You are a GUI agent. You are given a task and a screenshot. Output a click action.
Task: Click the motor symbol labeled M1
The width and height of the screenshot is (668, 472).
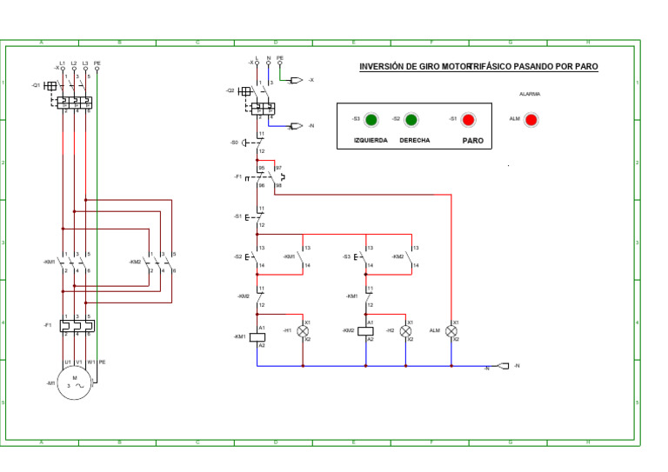(x=75, y=382)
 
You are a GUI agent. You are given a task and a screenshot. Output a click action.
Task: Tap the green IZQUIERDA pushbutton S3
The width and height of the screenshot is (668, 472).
(x=371, y=119)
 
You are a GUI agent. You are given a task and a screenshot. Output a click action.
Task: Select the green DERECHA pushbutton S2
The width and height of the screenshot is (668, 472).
(x=411, y=119)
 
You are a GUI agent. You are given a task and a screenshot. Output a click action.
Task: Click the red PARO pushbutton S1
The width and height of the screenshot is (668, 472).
(x=468, y=119)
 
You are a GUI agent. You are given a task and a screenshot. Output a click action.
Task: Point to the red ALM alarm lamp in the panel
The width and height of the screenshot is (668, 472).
(x=531, y=119)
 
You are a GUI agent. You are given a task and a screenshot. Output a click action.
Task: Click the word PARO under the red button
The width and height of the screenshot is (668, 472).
(x=472, y=140)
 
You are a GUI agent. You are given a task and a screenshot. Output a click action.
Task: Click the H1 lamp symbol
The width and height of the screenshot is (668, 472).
(x=304, y=331)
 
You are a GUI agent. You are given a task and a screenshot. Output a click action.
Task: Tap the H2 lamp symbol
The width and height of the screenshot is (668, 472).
(x=406, y=331)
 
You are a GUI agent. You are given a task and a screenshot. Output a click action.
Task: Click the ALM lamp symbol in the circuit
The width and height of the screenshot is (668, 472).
(x=451, y=331)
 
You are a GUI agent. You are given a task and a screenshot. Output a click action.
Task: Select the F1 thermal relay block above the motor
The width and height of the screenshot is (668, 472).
(x=76, y=326)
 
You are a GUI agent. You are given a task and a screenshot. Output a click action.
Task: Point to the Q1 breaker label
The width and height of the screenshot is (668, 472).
(x=36, y=85)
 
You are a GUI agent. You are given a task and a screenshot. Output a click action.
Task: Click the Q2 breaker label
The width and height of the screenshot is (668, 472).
(x=230, y=90)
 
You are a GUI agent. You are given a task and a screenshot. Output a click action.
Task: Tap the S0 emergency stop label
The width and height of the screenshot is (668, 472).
(x=235, y=142)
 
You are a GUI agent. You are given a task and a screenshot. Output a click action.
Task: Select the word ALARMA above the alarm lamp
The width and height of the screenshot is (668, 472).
(x=530, y=94)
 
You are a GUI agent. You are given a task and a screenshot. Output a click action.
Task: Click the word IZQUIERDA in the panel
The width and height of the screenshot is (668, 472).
(x=371, y=140)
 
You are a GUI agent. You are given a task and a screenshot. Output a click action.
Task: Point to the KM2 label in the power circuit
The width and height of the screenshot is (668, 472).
(x=135, y=262)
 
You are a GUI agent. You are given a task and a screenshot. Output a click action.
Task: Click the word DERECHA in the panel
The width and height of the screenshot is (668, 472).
(x=414, y=140)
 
